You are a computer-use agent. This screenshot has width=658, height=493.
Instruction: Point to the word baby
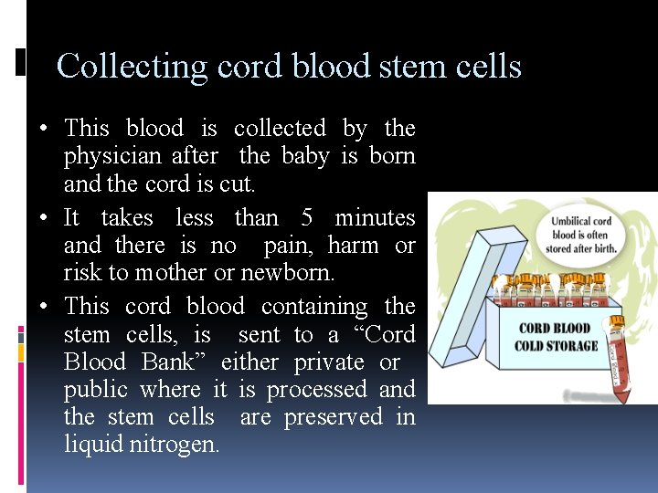point(305,156)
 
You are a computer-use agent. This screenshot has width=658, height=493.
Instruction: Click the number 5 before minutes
point(307,218)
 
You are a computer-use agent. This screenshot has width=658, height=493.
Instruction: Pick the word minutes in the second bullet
point(375,218)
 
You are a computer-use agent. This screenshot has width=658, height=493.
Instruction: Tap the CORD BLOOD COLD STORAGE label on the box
point(556,337)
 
